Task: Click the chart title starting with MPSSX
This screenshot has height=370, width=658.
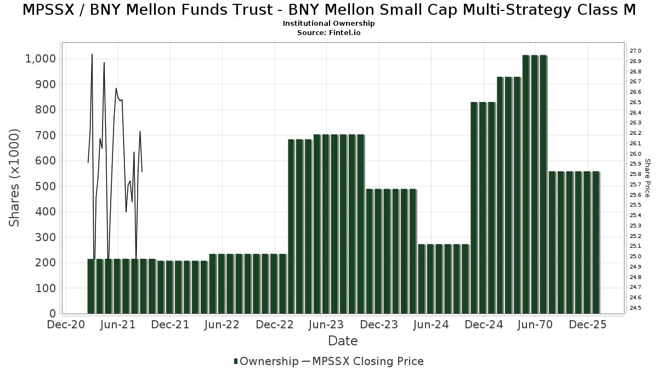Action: click(x=329, y=10)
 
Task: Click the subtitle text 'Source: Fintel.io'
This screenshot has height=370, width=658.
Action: click(x=329, y=33)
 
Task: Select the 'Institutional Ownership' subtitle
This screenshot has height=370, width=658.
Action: click(x=329, y=24)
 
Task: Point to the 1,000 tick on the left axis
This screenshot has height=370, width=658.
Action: click(x=41, y=59)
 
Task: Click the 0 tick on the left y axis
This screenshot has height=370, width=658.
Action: click(x=53, y=314)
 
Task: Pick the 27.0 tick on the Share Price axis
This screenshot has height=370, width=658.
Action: click(x=636, y=51)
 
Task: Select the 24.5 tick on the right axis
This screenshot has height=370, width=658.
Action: click(x=636, y=308)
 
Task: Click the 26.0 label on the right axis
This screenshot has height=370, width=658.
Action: click(x=636, y=154)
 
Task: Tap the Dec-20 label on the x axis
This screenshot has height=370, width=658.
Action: click(x=66, y=325)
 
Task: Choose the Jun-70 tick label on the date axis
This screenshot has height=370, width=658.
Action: click(x=535, y=325)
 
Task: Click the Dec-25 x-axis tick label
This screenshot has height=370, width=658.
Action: click(x=588, y=325)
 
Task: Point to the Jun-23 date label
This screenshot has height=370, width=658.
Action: click(x=326, y=325)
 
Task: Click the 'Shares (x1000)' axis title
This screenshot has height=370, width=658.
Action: click(x=15, y=178)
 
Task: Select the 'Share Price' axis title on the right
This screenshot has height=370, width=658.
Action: click(x=647, y=178)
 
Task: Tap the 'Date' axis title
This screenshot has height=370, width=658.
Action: click(x=343, y=341)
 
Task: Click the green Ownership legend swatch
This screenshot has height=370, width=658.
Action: click(x=236, y=361)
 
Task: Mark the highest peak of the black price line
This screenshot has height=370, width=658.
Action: click(x=92, y=55)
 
